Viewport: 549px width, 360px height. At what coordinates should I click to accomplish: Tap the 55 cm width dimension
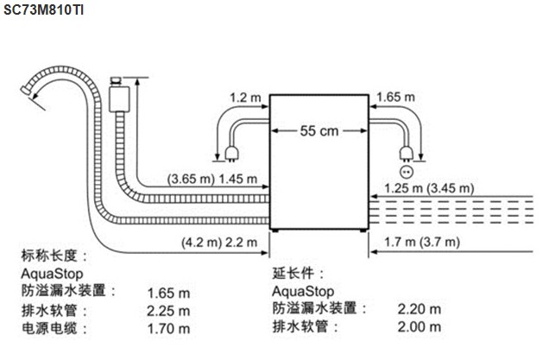click(x=319, y=131)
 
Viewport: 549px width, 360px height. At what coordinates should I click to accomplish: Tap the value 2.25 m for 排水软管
click(x=168, y=311)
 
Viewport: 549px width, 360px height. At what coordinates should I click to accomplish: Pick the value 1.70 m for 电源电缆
click(x=168, y=329)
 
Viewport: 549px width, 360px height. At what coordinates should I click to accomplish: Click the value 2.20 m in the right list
click(x=419, y=308)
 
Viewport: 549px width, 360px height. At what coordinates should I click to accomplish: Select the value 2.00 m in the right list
click(x=419, y=327)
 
